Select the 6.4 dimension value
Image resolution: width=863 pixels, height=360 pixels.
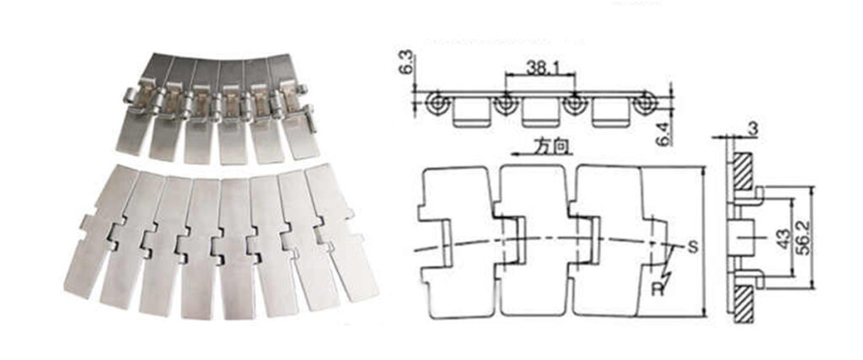click(x=664, y=134)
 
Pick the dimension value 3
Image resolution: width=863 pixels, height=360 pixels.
click(x=753, y=128)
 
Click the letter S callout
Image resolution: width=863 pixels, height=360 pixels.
click(x=693, y=247)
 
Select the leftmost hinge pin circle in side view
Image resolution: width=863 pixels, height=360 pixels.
click(x=437, y=104)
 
